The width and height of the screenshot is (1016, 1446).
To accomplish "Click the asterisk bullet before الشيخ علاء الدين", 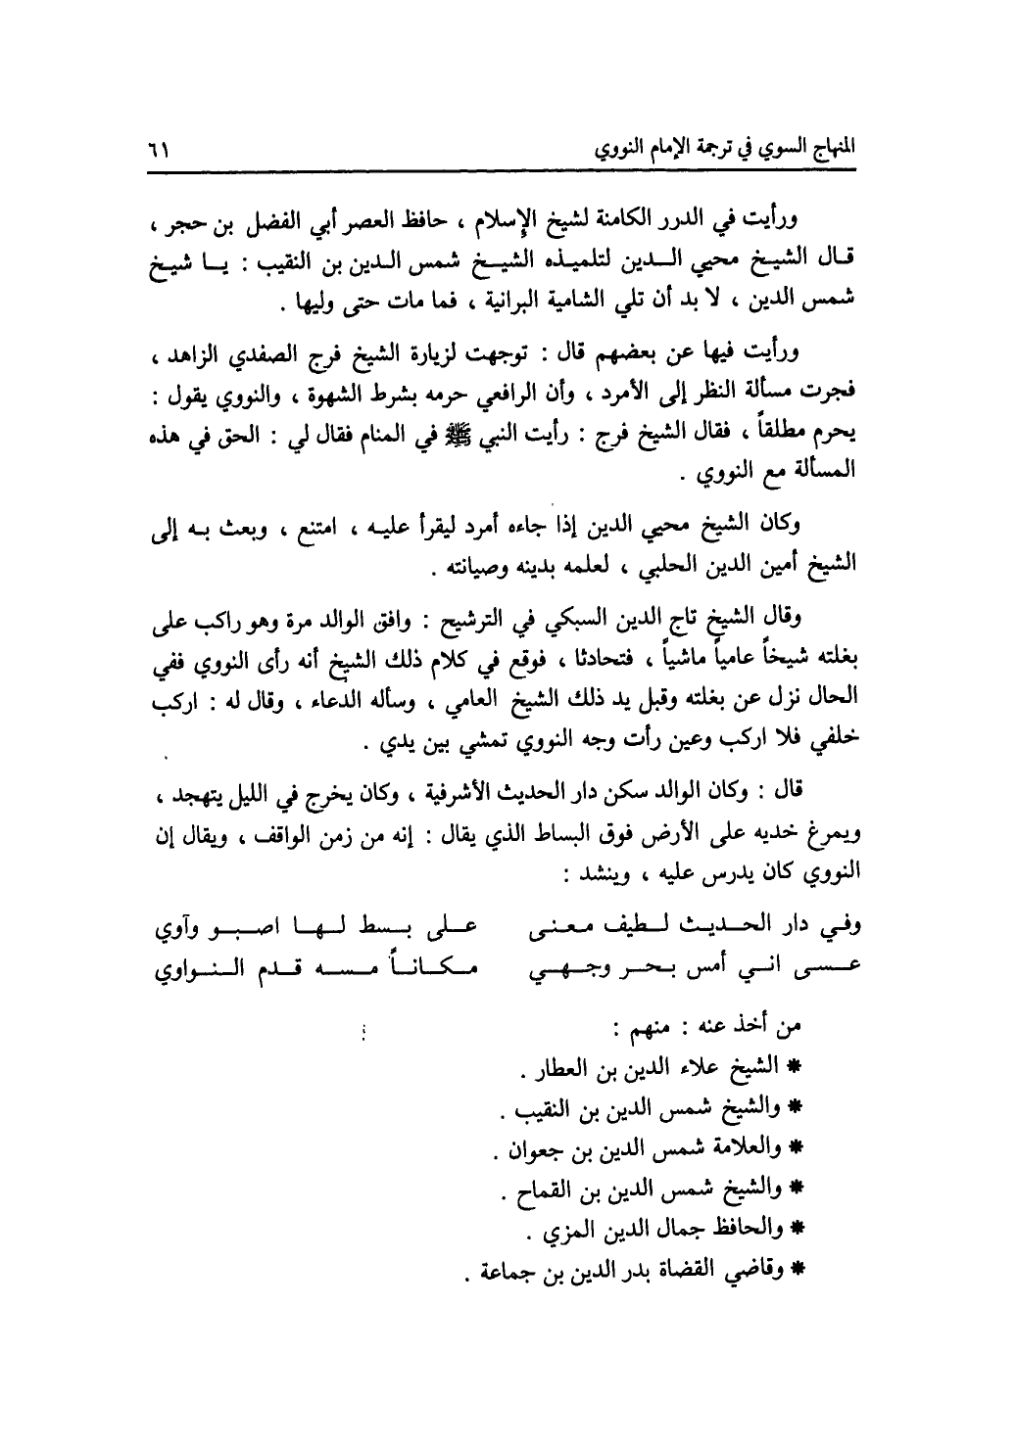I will tap(796, 1065).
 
